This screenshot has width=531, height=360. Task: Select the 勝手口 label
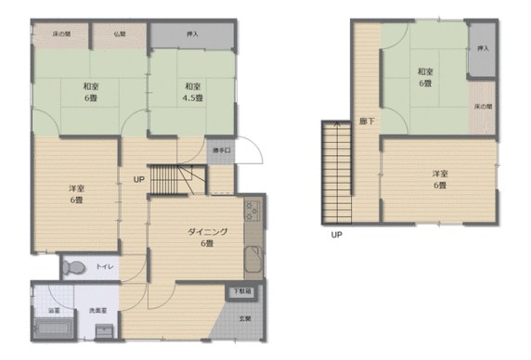pyautogui.click(x=221, y=150)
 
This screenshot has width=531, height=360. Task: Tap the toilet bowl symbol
pyautogui.click(x=77, y=268)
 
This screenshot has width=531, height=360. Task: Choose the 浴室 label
pyautogui.click(x=43, y=310)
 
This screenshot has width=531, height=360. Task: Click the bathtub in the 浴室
pyautogui.click(x=45, y=327)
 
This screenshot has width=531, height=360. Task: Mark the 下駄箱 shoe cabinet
pyautogui.click(x=241, y=291)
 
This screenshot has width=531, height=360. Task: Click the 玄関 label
pyautogui.click(x=245, y=319)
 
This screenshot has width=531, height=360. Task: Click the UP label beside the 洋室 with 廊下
pyautogui.click(x=336, y=236)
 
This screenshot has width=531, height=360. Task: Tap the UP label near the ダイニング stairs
pyautogui.click(x=137, y=179)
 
